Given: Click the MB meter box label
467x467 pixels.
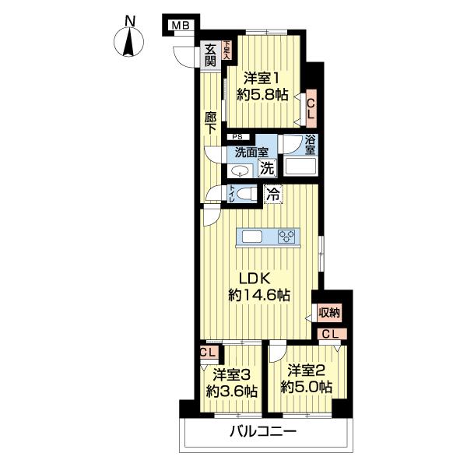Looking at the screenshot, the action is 181,26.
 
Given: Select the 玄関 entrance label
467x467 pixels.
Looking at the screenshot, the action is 211,55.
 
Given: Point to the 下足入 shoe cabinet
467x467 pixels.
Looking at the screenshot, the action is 227,50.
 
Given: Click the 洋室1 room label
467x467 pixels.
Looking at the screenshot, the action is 262,79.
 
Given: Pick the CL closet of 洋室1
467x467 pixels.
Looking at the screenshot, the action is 311,108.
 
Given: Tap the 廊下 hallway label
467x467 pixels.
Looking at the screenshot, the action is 211,122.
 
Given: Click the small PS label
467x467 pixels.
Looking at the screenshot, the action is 237,137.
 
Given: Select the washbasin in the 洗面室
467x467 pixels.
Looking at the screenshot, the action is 240,171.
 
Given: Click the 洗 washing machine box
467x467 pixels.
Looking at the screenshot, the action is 268,168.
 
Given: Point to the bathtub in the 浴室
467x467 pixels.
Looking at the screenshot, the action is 300,167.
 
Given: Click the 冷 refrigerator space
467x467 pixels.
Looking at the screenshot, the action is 273,195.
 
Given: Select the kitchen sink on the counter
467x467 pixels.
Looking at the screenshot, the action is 251,237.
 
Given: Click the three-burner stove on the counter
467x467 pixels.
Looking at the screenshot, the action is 286,236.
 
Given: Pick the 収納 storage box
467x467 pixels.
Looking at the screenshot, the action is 329,313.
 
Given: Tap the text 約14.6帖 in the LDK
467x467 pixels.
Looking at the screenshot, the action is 259,295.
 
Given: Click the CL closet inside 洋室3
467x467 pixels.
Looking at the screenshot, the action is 209,353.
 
